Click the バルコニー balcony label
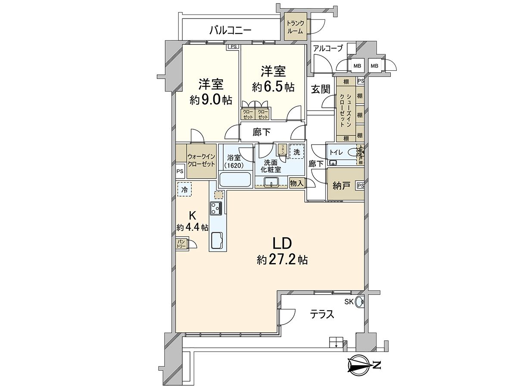[x=230, y=30]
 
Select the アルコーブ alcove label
[x=328, y=48]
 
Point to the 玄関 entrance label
[x=321, y=89]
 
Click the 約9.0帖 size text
[x=211, y=100]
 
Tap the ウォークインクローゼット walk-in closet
[x=201, y=161]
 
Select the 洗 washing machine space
[x=296, y=152]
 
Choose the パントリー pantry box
[x=181, y=244]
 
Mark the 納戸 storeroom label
[x=341, y=186]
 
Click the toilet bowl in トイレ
[x=353, y=152]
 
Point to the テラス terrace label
[x=323, y=314]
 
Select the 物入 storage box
[x=297, y=183]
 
